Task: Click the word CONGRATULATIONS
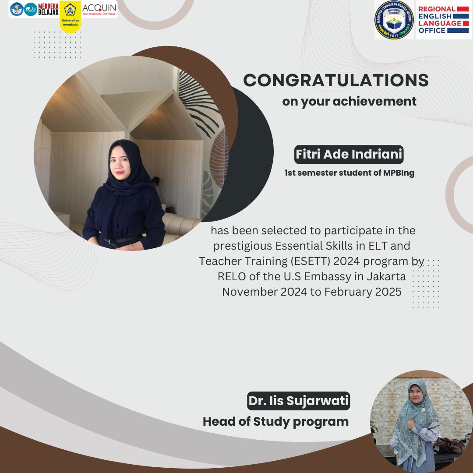point(336,81)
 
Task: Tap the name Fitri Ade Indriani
point(349,155)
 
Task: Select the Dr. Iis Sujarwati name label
point(299,401)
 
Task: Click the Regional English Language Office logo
point(443,20)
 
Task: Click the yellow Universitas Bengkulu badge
point(70,17)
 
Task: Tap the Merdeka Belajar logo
point(48,9)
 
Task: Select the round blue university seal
point(394,20)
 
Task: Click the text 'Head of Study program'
point(275,422)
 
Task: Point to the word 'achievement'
point(374,102)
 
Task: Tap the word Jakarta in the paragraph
point(386,276)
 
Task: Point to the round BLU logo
point(30,9)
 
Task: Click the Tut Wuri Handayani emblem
point(17,9)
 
